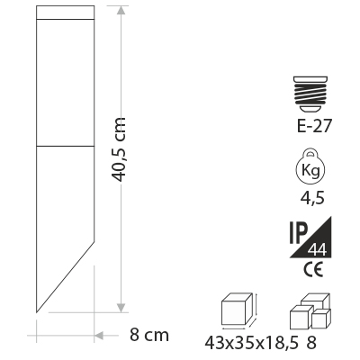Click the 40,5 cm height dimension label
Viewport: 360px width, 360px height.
pyautogui.click(x=118, y=149)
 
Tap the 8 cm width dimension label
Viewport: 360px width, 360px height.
pyautogui.click(x=149, y=335)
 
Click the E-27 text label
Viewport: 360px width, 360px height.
pyautogui.click(x=314, y=125)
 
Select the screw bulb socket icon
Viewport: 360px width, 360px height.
pyautogui.click(x=310, y=94)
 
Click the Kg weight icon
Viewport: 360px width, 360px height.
pyautogui.click(x=310, y=169)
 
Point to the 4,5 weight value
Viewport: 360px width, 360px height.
pyautogui.click(x=312, y=198)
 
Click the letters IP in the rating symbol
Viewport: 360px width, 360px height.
pyautogui.click(x=299, y=233)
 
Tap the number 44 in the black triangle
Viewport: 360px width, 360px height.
pyautogui.click(x=317, y=250)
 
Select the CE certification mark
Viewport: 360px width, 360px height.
pyautogui.click(x=313, y=269)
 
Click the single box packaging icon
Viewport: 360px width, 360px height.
pyautogui.click(x=239, y=309)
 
